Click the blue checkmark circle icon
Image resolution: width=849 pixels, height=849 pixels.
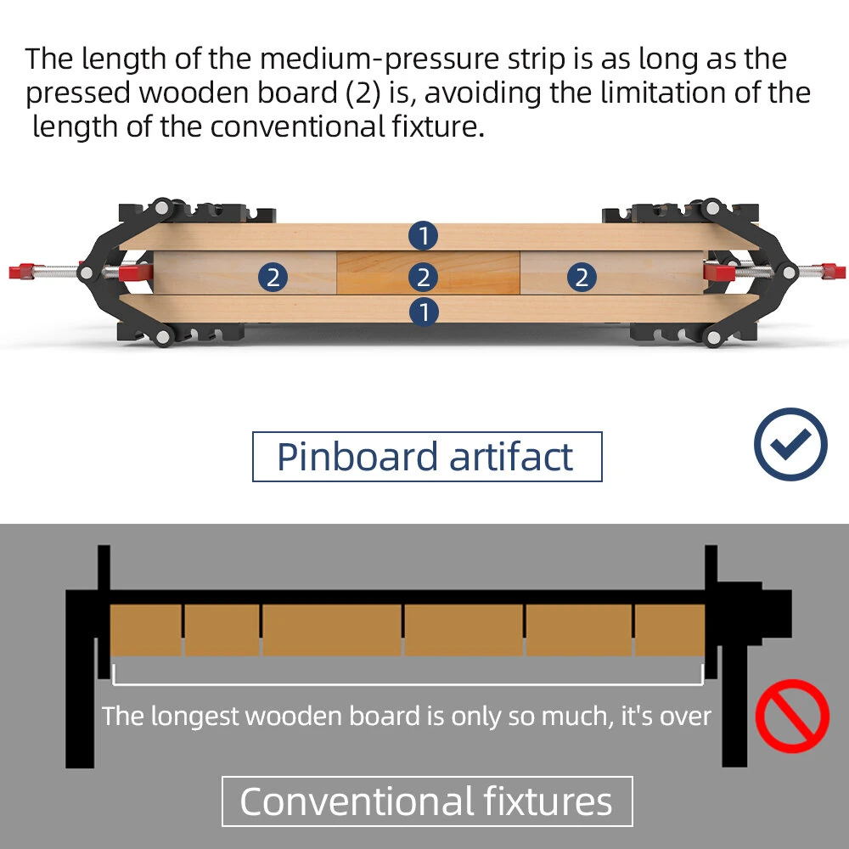[790, 444]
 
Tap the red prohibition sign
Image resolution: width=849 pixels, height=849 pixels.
[792, 716]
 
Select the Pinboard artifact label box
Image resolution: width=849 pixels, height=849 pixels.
[427, 457]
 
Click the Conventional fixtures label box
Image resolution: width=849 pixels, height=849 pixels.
[427, 801]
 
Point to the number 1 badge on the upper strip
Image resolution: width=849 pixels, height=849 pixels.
[424, 236]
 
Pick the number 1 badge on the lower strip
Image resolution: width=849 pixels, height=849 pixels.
[424, 312]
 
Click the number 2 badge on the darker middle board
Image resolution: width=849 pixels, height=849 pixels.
[424, 277]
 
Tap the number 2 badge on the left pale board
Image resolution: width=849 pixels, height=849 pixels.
[273, 277]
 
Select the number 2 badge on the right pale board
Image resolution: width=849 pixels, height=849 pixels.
[582, 277]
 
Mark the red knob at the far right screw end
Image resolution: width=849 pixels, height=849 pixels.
[833, 271]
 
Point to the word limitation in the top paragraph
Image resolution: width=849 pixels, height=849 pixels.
[664, 93]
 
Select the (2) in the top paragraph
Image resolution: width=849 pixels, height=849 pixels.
[363, 93]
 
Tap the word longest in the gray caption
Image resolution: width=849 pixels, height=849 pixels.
[194, 717]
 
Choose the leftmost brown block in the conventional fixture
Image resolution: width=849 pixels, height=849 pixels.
[146, 630]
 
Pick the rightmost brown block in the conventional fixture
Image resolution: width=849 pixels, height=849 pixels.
[670, 630]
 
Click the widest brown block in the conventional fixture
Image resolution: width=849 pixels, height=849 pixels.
[332, 630]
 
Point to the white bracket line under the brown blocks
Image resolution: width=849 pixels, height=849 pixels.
[408, 684]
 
